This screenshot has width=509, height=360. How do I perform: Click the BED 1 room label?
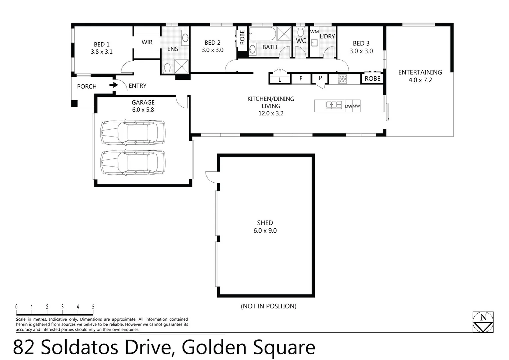coord(101,44)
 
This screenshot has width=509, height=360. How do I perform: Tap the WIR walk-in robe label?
coord(147,42)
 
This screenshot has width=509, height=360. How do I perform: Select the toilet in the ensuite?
coord(167,68)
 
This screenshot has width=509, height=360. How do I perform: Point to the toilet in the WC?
coord(301,32)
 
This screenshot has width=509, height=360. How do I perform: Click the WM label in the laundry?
coord(314,32)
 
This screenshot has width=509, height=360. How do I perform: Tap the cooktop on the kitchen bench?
coord(342,79)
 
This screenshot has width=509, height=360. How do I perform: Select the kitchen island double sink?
coord(333,105)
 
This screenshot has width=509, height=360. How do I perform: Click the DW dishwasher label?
coord(348,106)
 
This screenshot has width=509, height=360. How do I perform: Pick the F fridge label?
coord(301,78)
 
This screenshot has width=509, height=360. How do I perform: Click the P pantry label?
coord(320,78)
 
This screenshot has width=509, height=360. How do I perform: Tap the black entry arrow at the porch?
coord(114,85)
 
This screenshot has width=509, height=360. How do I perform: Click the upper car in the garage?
coord(133,132)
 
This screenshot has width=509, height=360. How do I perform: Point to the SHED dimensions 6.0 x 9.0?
coord(265,231)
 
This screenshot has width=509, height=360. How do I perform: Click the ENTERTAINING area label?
coord(420,72)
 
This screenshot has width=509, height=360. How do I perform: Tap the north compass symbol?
coord(483,322)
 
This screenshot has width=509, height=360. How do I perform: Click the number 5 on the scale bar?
coord(93,307)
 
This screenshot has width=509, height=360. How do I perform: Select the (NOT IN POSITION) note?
coord(268,306)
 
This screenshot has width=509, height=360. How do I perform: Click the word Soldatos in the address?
coord(80,347)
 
